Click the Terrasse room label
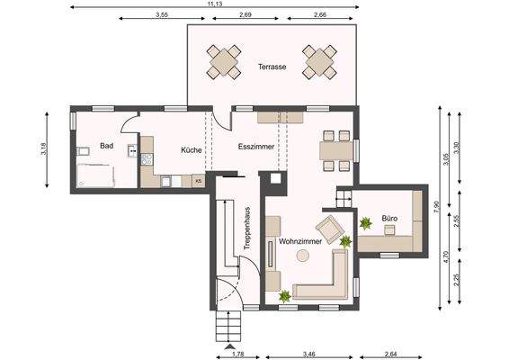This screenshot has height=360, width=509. (x=272, y=67)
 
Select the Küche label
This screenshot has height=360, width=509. (x=190, y=150)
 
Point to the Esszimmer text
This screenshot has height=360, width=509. (x=255, y=145)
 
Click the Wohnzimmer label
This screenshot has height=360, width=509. (x=300, y=242)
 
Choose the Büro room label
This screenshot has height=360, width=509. (x=388, y=218)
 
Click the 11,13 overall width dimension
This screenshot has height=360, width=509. (x=215, y=4)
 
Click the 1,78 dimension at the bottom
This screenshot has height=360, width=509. (x=237, y=355)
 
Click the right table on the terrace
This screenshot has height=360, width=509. (x=319, y=61)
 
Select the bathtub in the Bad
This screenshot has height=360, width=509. (x=96, y=176)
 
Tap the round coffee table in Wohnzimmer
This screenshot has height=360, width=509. (x=303, y=256)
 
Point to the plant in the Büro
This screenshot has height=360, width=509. (x=365, y=222)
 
